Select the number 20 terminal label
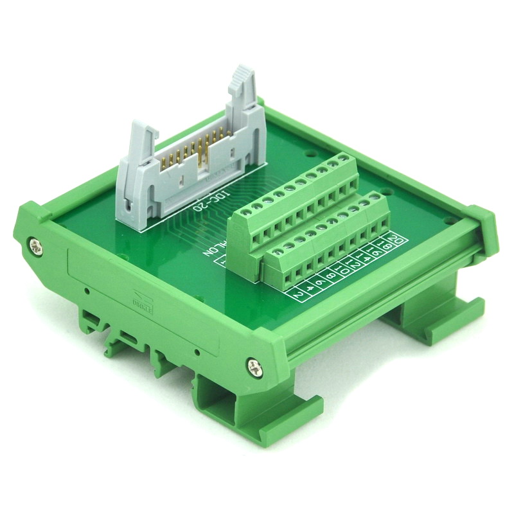click(x=398, y=241)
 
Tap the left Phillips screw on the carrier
click(x=33, y=244)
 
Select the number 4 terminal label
click(x=310, y=288)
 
